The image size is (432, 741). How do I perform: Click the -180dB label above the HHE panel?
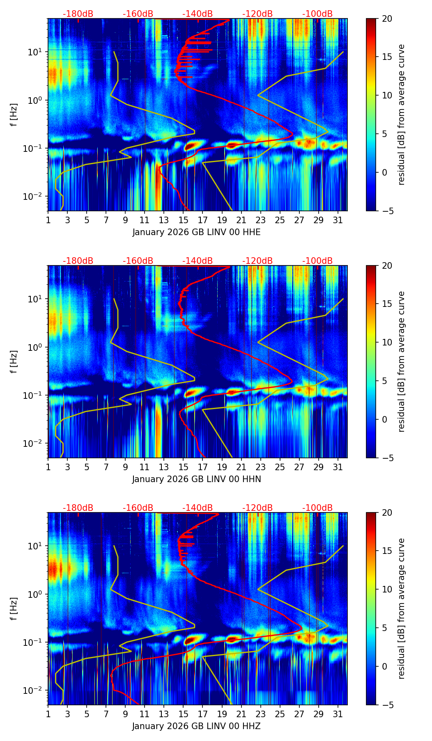pos(78,14)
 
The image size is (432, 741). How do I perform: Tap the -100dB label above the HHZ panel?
pos(317,508)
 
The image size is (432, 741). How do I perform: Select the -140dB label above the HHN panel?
pos(198,261)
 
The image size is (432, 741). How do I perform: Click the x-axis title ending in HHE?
pos(196,232)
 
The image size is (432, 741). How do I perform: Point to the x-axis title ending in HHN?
pos(196,479)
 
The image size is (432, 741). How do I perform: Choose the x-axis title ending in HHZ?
pos(196,726)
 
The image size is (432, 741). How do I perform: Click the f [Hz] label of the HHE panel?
pos(14,115)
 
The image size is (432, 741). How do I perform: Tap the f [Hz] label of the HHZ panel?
pos(14,609)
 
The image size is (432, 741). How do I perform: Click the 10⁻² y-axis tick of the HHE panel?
pos(36,197)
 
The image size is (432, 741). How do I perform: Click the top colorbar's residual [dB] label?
pos(401,115)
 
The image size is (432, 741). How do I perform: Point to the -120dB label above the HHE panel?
pos(257,14)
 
